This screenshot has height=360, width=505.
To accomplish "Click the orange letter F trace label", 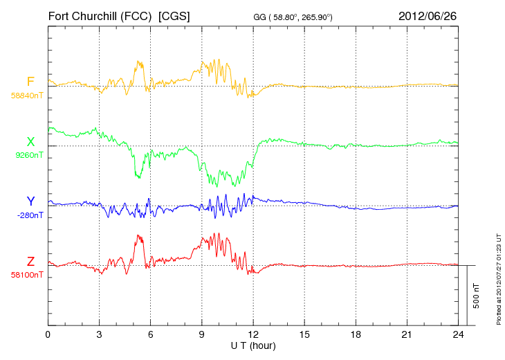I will [30, 82].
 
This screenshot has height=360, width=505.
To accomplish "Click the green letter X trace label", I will [30, 142].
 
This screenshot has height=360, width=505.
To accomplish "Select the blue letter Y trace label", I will [30, 201].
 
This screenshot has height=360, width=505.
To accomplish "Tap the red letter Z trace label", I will [30, 261].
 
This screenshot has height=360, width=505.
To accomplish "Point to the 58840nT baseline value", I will [27, 96].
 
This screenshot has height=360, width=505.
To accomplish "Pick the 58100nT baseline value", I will [27, 275].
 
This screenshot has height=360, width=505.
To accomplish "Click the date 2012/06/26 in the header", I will [428, 15].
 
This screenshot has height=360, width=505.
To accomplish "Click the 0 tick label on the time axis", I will [48, 334].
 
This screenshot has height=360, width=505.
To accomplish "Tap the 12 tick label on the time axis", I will [252, 334].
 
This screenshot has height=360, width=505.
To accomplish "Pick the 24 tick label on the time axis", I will [457, 334].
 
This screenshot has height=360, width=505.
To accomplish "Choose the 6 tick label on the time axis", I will [150, 334].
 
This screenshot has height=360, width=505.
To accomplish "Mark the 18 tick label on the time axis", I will [355, 334].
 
